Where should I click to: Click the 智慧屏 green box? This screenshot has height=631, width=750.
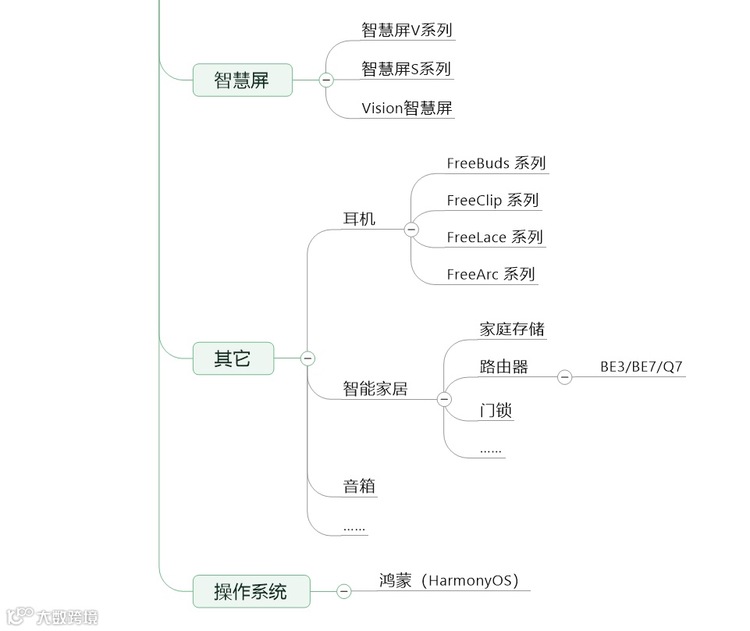[x=242, y=80]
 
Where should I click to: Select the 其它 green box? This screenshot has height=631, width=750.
[x=233, y=358]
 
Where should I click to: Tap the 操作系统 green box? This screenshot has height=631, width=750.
[x=251, y=592]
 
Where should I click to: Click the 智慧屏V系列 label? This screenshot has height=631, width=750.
[x=407, y=30]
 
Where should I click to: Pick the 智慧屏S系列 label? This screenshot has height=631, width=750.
[x=406, y=69]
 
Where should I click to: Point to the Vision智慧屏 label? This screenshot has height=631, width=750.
[x=407, y=109]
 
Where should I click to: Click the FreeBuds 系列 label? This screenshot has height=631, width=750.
[x=496, y=163]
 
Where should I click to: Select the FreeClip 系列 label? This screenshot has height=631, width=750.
[x=492, y=200]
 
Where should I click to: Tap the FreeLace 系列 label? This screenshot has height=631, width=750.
[x=494, y=237]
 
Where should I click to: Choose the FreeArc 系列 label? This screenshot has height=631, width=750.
[x=490, y=274]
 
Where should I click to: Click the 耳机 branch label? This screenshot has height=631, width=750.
[x=359, y=219]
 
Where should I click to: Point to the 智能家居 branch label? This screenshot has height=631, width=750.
[x=375, y=388]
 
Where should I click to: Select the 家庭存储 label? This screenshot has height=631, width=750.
[x=512, y=329]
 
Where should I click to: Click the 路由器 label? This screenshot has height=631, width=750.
[x=503, y=367]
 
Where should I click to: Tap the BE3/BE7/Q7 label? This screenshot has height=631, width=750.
[x=641, y=366]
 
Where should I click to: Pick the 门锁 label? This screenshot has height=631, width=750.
[x=496, y=411]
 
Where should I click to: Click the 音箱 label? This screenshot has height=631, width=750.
[x=360, y=487]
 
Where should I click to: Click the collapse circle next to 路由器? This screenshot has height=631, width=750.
[x=564, y=378]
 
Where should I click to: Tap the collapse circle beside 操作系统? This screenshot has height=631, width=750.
[x=344, y=592]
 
